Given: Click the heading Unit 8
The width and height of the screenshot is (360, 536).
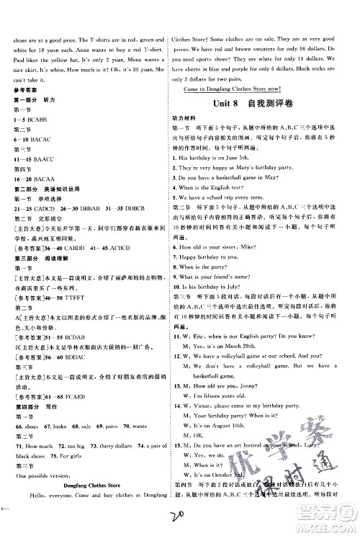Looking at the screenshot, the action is pyautogui.click(x=226, y=104).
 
